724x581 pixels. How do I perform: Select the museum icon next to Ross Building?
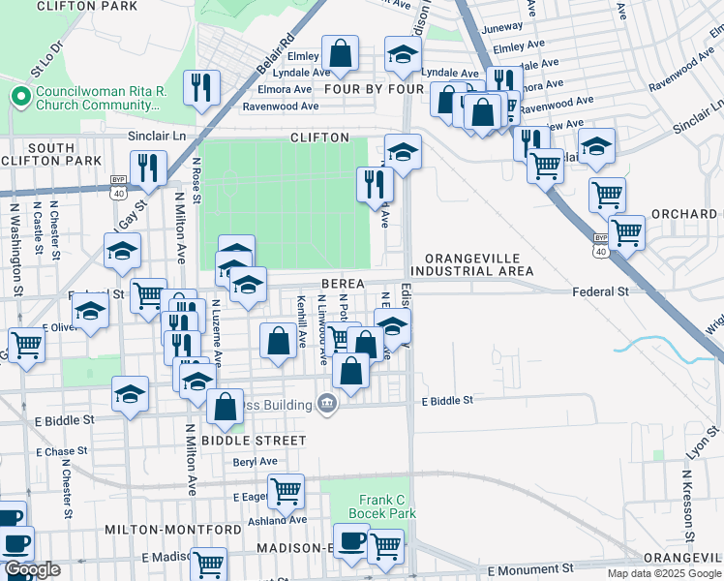(x=327, y=403)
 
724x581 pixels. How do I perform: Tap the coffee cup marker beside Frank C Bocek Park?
(x=350, y=538)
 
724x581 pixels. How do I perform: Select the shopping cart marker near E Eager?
(x=287, y=490)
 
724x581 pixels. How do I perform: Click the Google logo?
(x=32, y=569)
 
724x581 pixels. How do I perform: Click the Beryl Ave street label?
(x=256, y=462)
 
